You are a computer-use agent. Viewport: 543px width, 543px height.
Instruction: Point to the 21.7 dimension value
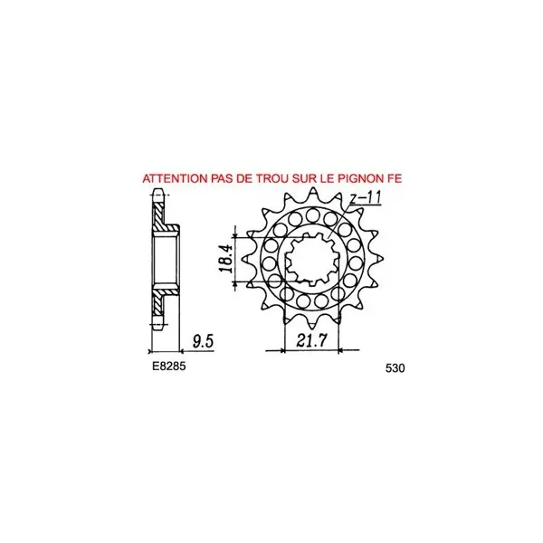(311, 341)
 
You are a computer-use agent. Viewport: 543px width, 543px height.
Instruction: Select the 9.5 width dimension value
(204, 341)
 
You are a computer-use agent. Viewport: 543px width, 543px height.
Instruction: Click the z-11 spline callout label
(365, 197)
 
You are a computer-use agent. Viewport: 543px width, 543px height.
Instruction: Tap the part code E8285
(169, 366)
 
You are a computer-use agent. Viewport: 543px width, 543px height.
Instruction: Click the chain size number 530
(395, 368)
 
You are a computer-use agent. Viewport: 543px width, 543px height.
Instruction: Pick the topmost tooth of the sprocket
(313, 194)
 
